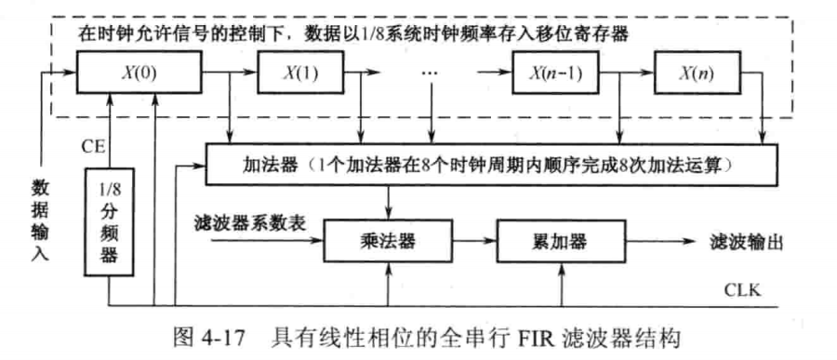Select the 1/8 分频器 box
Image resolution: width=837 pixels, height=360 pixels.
110,218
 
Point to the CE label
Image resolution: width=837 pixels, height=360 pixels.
90,145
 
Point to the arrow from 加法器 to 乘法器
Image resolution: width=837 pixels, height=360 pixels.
387,203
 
